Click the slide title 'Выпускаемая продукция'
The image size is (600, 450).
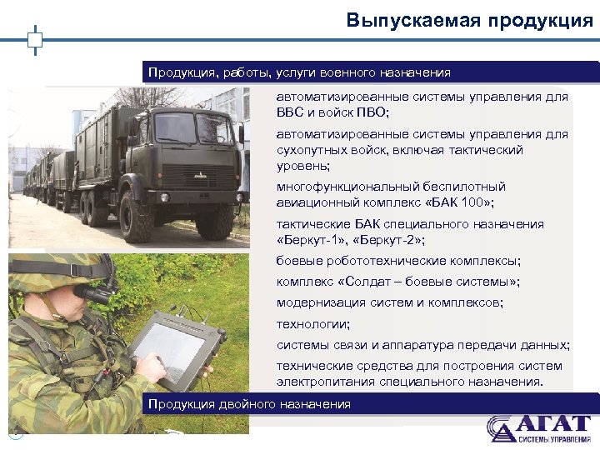pyautogui.click(x=470, y=21)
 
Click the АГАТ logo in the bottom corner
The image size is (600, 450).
pyautogui.click(x=539, y=428)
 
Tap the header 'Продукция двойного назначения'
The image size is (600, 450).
pyautogui.click(x=249, y=404)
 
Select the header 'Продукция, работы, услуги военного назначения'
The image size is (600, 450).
pyautogui.click(x=299, y=72)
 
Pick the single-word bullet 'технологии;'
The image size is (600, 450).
pyautogui.click(x=313, y=323)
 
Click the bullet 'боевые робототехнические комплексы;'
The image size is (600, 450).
pyautogui.click(x=398, y=261)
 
